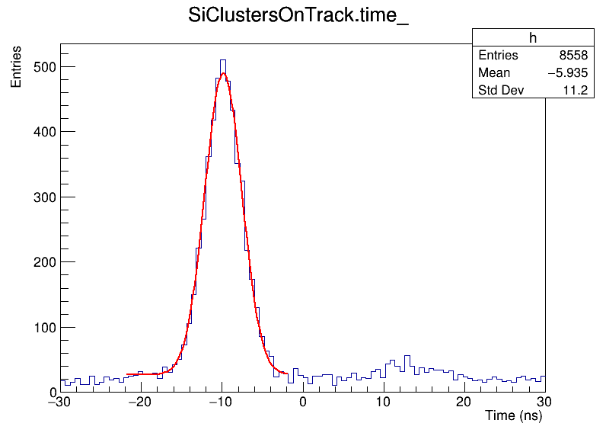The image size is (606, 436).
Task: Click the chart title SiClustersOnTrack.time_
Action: (298, 17)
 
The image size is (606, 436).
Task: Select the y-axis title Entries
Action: (16, 72)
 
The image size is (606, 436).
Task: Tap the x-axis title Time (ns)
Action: (513, 416)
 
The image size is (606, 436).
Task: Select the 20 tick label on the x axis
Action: (464, 402)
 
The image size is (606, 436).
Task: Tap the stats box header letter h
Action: (533, 39)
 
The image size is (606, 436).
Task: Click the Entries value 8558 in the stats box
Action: (572, 56)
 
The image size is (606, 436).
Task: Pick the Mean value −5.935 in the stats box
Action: (566, 73)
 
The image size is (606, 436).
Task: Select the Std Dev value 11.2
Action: (576, 91)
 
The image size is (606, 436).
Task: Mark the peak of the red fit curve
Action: (222, 74)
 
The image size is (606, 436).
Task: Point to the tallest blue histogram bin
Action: (223, 60)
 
